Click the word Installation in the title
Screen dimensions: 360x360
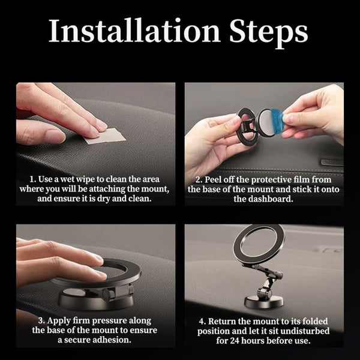pos(134,31)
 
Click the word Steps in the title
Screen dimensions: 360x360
pos(269,32)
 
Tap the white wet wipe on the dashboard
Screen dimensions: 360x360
pos(105,136)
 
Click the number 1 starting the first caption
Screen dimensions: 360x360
pos(32,179)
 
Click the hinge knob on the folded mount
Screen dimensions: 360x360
pos(107,295)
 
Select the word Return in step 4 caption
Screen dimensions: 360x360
pos(221,322)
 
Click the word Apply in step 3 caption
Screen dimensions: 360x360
pos(59,321)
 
